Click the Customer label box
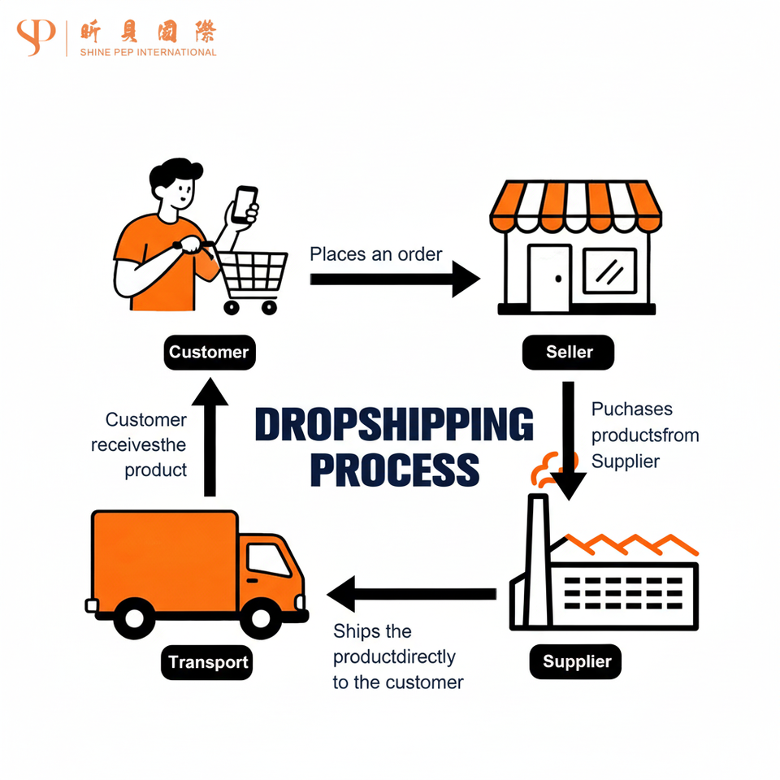coord(209,353)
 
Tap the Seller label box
coord(568,353)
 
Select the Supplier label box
coord(576,661)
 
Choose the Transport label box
coord(208,662)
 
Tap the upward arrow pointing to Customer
coord(210,439)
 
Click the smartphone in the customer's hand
coord(244,205)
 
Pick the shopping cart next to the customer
coord(252,276)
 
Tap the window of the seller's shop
coord(609,271)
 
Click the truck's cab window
coord(268,560)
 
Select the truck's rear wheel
coord(135,619)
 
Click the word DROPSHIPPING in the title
coord(394,425)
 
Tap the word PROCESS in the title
coord(395,470)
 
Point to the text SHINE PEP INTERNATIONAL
coord(148,52)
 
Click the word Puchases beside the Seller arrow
coord(621,409)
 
